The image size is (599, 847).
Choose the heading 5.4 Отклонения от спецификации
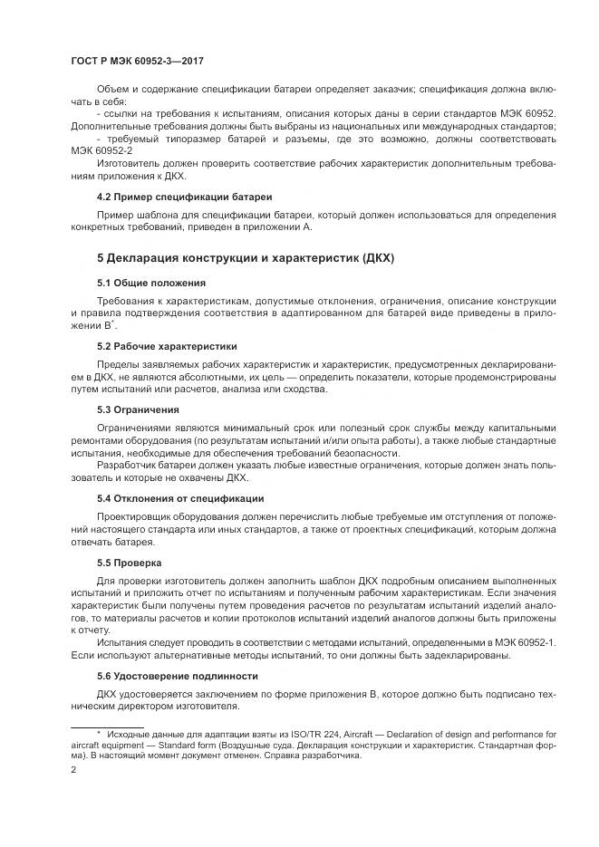click(180, 497)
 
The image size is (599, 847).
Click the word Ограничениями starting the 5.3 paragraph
click(137, 428)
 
